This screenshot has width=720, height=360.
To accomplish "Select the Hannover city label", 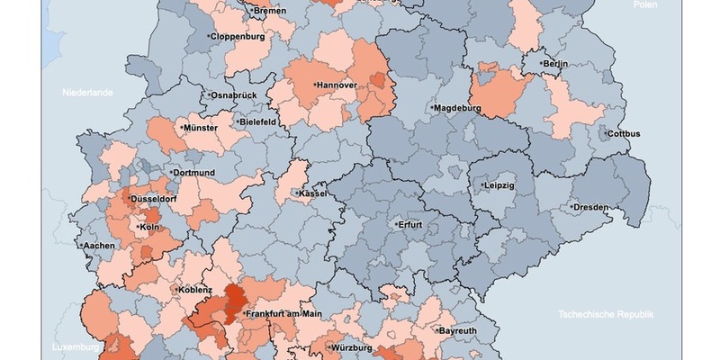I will pos(337,85).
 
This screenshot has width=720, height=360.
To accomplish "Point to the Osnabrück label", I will pos(233,94).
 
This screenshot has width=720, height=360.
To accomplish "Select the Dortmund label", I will pos(194,172).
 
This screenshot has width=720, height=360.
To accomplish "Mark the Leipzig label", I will pos(498,185).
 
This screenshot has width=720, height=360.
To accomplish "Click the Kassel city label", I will pos(312,193).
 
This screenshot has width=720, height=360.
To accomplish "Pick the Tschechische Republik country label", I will pos(605,314).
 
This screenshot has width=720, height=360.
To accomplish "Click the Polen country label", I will pos(644,4).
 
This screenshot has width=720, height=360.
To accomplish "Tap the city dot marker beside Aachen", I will pos(79,246).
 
